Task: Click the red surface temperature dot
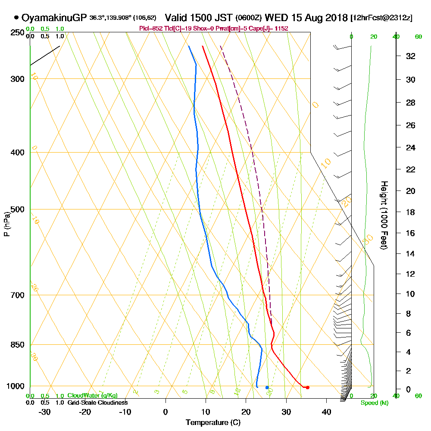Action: point(307,387)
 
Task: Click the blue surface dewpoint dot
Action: point(267,387)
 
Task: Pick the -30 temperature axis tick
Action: point(45,412)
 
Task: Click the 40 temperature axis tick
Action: point(326,412)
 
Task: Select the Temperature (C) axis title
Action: point(213,423)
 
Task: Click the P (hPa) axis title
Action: point(6,224)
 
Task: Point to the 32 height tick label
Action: point(411,56)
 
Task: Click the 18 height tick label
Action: point(411,212)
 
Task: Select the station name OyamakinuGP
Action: point(54,18)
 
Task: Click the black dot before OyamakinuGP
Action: point(16,18)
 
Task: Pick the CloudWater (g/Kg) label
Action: point(92,395)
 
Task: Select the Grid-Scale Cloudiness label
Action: point(97,403)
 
